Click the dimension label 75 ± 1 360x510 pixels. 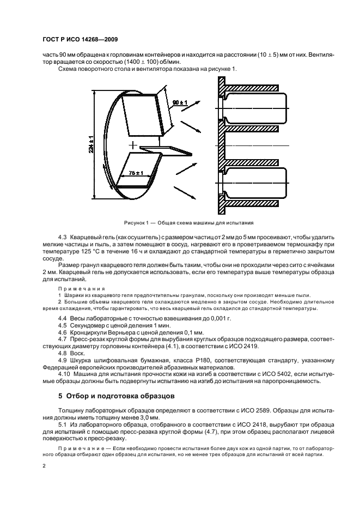tap(136, 173)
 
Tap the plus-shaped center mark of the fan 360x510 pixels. tap(131, 145)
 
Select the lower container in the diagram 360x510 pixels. tap(256, 183)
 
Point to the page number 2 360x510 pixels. tap(45, 466)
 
